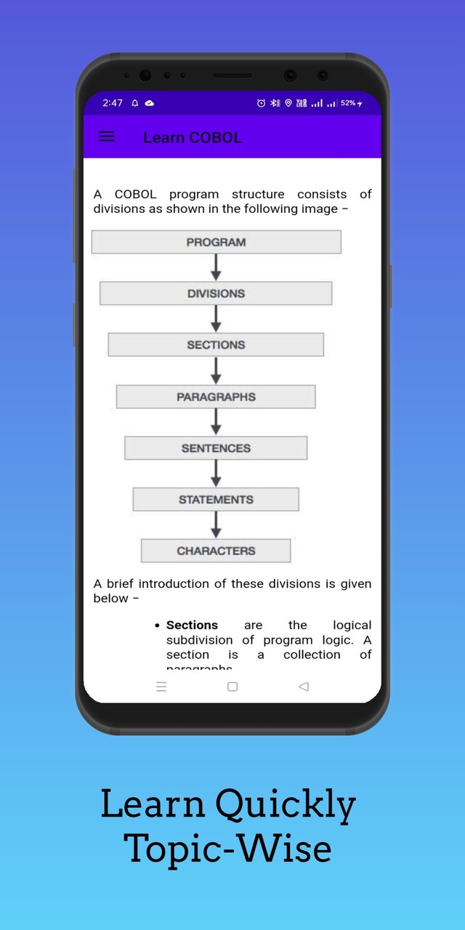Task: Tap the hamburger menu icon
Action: click(x=107, y=137)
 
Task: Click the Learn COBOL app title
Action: click(x=193, y=137)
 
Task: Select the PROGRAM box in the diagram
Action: click(x=216, y=242)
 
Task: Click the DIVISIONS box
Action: click(x=216, y=294)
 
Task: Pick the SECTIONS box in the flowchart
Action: click(x=216, y=345)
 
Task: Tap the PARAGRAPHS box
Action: click(x=216, y=397)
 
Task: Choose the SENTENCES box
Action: click(x=216, y=448)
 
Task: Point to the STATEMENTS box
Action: click(x=216, y=500)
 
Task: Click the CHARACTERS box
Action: click(x=216, y=551)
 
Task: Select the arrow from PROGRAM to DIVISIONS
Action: click(x=216, y=267)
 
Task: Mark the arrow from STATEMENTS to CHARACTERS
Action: click(x=216, y=525)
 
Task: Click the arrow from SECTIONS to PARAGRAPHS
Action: click(x=216, y=371)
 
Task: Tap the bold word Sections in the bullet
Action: click(x=192, y=625)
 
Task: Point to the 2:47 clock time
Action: click(x=113, y=103)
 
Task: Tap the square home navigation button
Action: click(x=232, y=687)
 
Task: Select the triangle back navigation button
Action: click(x=304, y=687)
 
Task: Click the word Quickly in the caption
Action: click(x=286, y=804)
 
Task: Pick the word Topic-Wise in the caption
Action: click(x=227, y=848)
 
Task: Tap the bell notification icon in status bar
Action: click(x=135, y=103)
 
